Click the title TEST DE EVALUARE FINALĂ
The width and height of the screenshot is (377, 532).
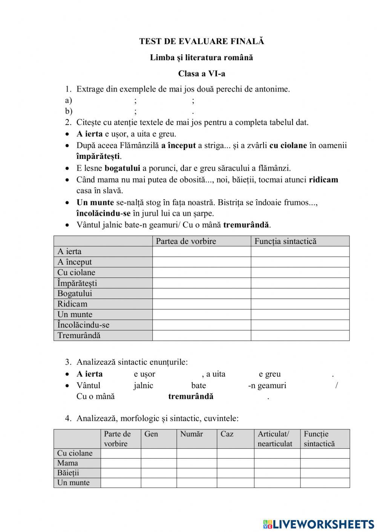coord(202,41)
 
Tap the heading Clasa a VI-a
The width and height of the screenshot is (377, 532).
coord(202,73)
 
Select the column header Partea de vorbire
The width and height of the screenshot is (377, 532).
coord(186,241)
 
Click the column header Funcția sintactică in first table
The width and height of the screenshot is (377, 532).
coord(285,241)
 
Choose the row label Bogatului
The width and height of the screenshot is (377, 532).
coord(75,293)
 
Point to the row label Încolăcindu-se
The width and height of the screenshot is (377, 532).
coord(83,325)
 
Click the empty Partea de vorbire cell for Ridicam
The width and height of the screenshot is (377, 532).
coord(202,304)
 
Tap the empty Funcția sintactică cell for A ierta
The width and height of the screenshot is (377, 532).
coord(300,252)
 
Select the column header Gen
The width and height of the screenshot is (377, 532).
coord(151,434)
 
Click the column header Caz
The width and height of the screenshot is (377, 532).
coord(227,434)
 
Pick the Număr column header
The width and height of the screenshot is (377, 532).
coord(192,434)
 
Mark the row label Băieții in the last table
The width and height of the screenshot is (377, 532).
coord(68,473)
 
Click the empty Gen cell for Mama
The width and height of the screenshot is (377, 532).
coord(159,463)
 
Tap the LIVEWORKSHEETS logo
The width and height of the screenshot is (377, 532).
coord(319,524)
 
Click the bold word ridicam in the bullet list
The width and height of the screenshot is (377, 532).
coord(323,180)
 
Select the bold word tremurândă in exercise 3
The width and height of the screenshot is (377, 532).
coord(191,396)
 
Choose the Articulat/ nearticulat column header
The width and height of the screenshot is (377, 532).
coord(275,439)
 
